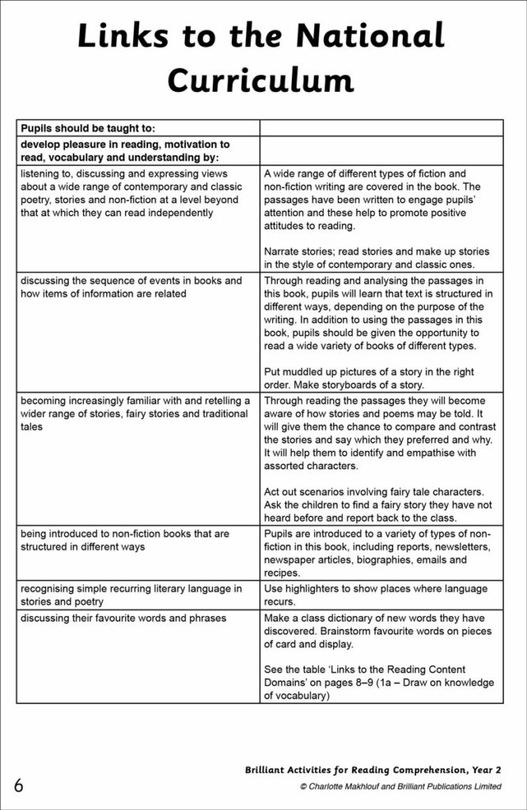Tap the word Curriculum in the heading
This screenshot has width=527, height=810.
coord(263,81)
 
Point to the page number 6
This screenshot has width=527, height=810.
coord(18,785)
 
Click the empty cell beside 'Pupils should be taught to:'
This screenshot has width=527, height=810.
coord(381,127)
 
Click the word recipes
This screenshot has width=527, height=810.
coord(282,573)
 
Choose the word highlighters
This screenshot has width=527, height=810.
coord(315,589)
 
